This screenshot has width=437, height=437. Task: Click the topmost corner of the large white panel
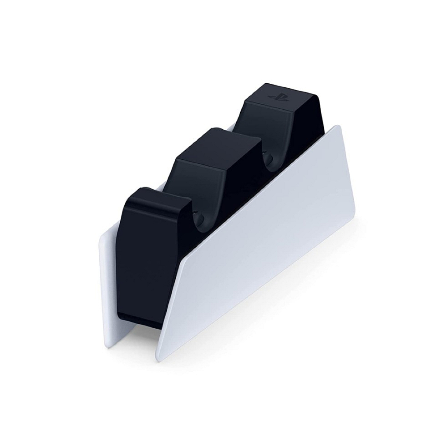pos(338,126)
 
